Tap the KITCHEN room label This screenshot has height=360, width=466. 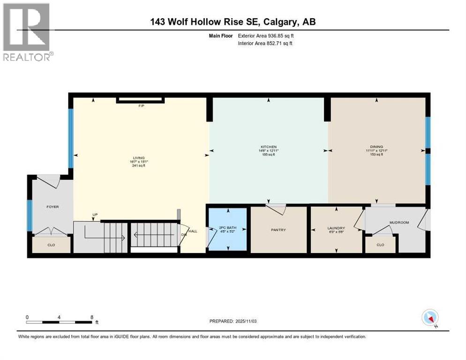(x=269, y=147)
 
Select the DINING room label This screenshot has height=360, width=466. (x=377, y=147)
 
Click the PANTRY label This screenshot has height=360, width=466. (x=278, y=230)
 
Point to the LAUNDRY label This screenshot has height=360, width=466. (x=336, y=228)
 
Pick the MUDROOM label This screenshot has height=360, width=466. (x=399, y=223)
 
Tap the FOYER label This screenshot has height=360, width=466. (x=52, y=206)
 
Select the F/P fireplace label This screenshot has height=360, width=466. (x=140, y=106)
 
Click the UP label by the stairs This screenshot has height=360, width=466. (x=95, y=215)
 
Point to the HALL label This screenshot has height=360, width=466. (x=193, y=231)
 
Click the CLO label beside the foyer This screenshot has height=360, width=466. (x=51, y=244)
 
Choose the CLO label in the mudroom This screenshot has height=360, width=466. (x=380, y=244)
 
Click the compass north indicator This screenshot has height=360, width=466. (x=430, y=318)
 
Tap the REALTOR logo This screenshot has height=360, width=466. (x=27, y=32)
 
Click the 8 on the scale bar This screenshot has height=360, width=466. (x=91, y=317)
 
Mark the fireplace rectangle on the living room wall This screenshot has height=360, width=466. (x=140, y=99)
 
